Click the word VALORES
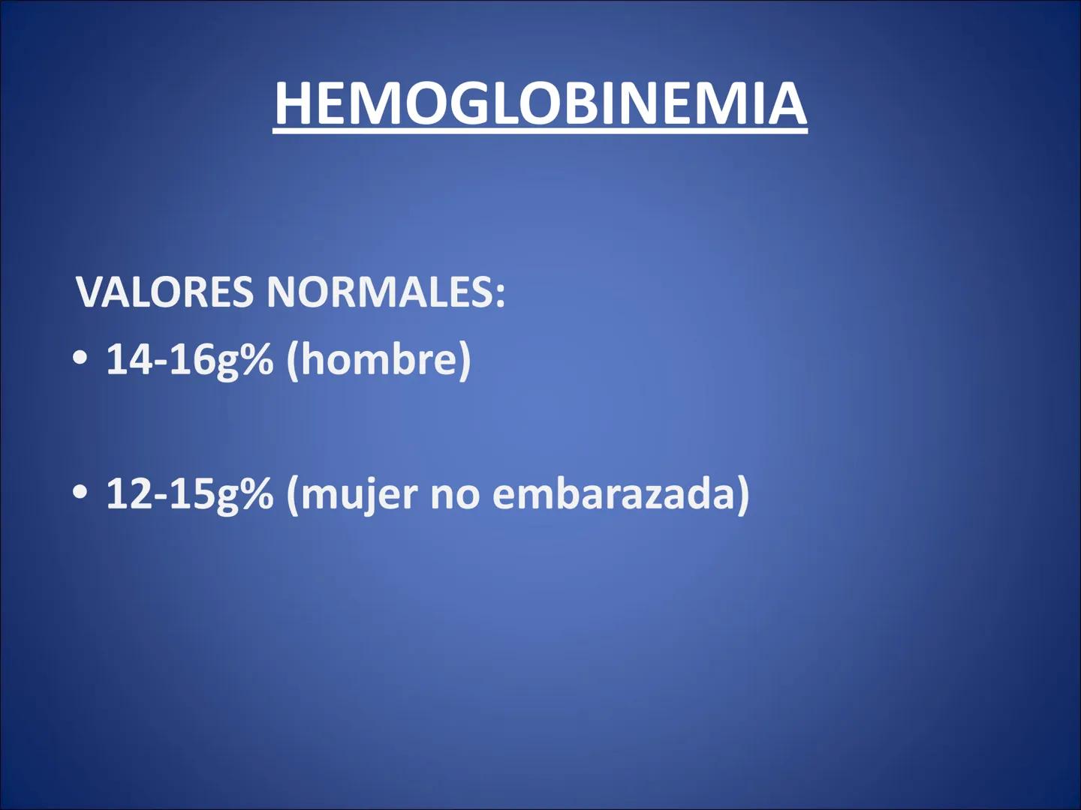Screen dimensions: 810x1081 click(164, 292)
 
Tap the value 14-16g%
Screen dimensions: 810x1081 click(189, 359)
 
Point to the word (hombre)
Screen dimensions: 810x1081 click(378, 359)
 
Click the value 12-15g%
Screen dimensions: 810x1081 click(189, 494)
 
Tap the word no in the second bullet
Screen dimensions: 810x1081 click(454, 494)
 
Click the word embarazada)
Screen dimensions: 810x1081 click(620, 494)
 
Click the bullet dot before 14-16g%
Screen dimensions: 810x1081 click(80, 358)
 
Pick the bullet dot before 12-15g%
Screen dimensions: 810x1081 click(80, 493)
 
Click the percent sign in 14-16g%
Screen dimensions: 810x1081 click(256, 359)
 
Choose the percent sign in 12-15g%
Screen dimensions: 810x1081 click(256, 494)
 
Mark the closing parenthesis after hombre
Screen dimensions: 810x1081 click(465, 359)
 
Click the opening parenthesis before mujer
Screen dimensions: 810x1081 click(293, 494)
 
